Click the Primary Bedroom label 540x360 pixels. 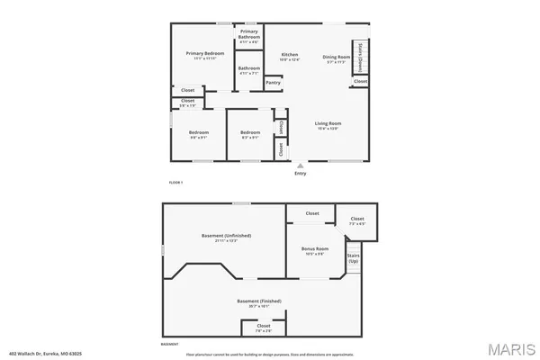point(205,54)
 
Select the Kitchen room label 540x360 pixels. point(290,55)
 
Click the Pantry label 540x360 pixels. point(273,83)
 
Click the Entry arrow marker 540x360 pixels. point(300,166)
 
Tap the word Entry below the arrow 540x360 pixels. point(300,174)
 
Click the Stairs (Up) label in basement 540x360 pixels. point(354,258)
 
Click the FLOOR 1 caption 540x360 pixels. point(176,183)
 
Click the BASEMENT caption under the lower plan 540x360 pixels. point(169,344)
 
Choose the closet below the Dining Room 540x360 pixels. point(360,81)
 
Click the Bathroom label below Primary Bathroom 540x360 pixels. point(249,69)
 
